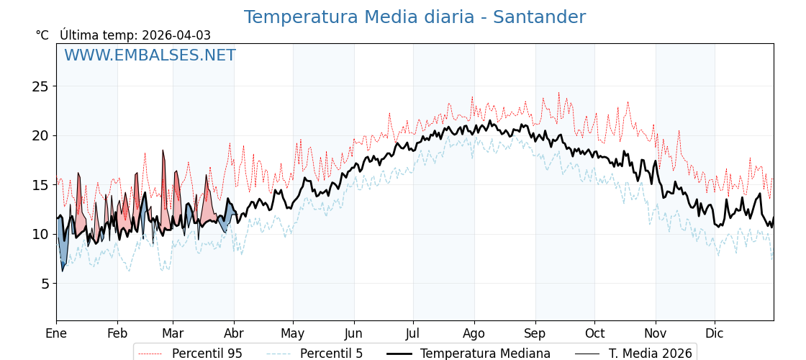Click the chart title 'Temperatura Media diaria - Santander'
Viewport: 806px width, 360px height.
click(415, 17)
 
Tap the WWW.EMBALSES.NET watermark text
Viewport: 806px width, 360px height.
click(150, 55)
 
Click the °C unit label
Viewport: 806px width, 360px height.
click(42, 35)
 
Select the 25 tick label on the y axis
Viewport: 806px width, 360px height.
click(41, 86)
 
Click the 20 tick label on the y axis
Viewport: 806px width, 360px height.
click(41, 135)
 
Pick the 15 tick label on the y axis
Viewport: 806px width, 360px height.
click(41, 185)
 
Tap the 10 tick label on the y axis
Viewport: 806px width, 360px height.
click(41, 234)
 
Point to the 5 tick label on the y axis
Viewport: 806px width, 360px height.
click(45, 284)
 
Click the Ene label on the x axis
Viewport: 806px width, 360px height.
click(56, 333)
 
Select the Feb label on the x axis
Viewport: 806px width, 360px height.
click(117, 333)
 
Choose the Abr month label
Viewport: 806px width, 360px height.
click(234, 333)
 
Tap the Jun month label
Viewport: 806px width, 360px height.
click(353, 333)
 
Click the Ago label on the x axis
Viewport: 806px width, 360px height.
click(474, 333)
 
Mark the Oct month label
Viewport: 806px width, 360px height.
click(594, 333)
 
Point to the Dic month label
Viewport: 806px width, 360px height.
click(715, 333)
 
